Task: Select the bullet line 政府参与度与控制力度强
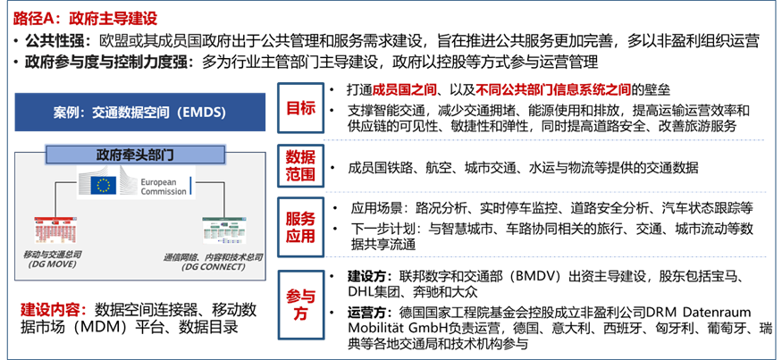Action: [x=108, y=62]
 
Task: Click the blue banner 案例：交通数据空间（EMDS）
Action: [x=139, y=113]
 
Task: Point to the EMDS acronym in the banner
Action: [x=201, y=113]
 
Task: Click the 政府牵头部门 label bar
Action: [x=134, y=155]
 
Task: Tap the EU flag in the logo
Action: [x=103, y=185]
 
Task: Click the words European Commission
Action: [x=164, y=186]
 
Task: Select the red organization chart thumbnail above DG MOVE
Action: [x=55, y=230]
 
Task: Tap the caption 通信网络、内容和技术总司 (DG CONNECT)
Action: [x=213, y=261]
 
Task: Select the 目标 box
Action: [x=300, y=109]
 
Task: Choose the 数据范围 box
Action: [x=300, y=165]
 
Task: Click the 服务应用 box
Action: [x=300, y=227]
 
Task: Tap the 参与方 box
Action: [x=300, y=305]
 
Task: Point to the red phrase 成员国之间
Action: [x=405, y=90]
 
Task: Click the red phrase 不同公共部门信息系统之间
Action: [x=553, y=90]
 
